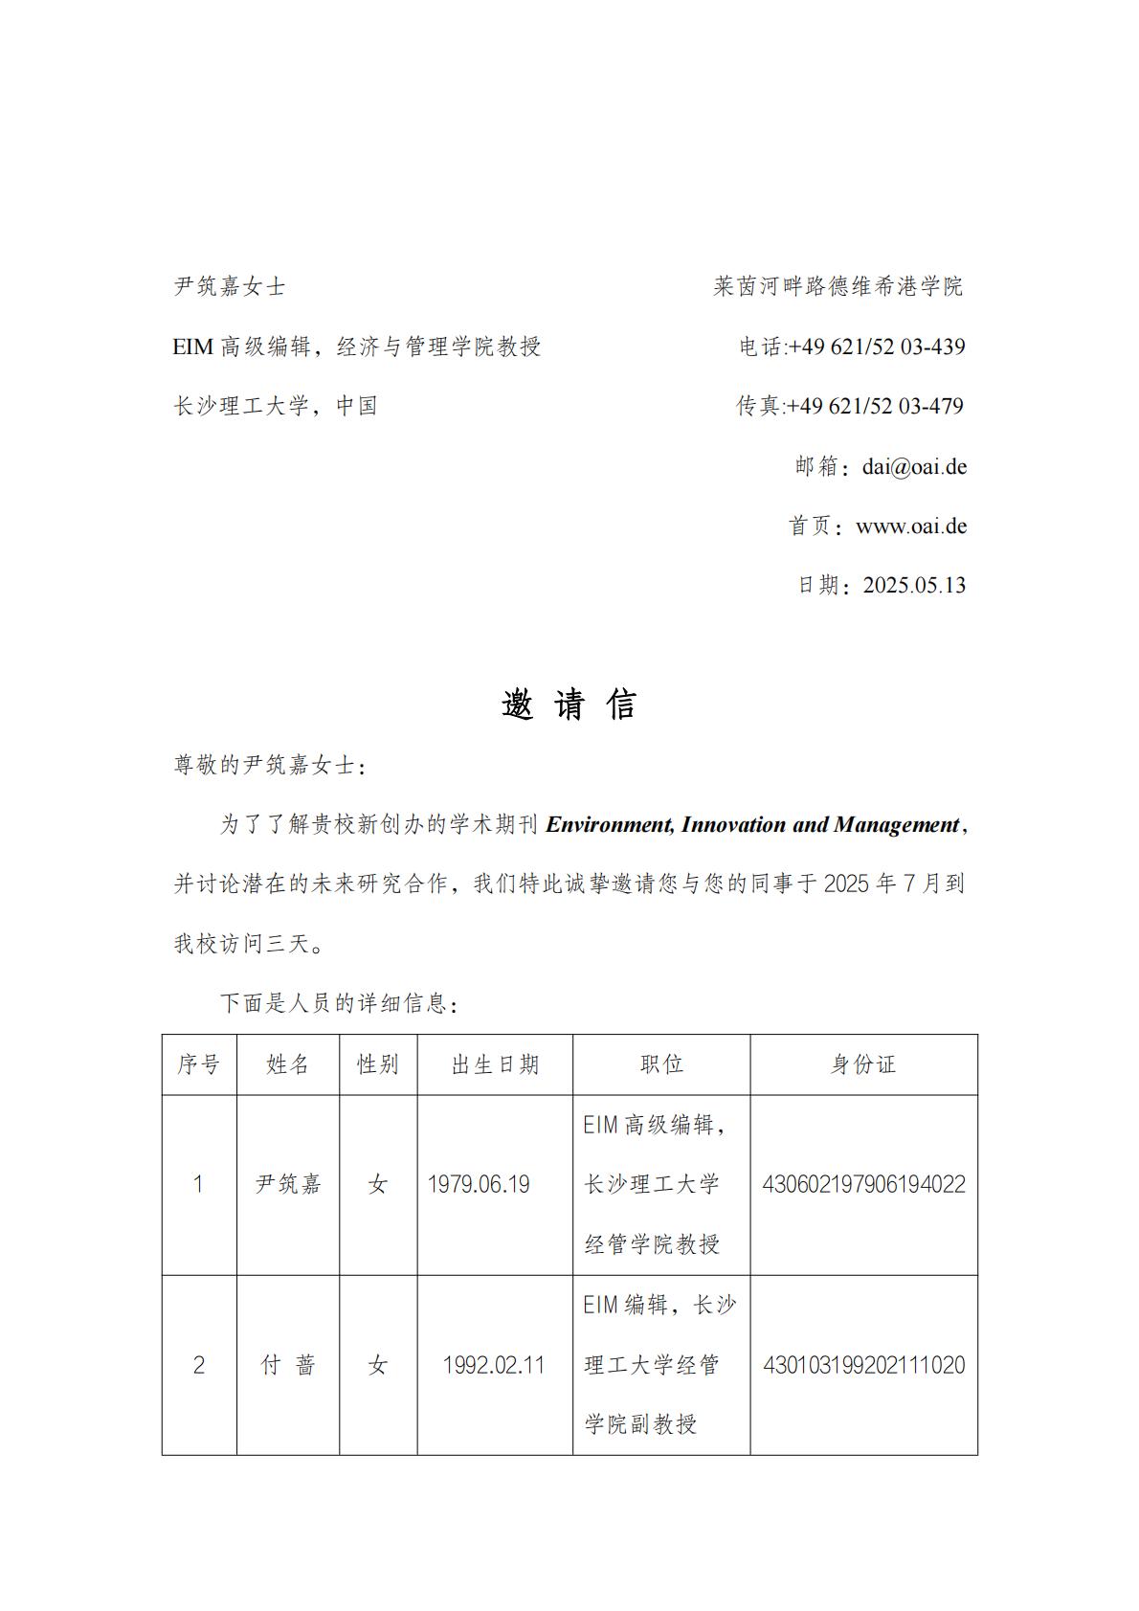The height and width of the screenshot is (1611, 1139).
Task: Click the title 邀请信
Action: tap(569, 705)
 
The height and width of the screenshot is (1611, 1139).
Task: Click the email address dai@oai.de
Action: tap(914, 466)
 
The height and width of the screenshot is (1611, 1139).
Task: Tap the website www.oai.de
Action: tap(910, 526)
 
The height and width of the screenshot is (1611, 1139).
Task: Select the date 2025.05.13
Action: tap(914, 585)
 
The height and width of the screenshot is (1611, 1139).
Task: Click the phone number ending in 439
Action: tap(876, 347)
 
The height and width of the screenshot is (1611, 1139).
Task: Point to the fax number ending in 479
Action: tap(874, 406)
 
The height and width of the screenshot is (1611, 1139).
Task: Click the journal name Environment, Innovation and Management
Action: tap(752, 824)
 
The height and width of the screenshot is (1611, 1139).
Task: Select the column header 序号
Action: tap(199, 1064)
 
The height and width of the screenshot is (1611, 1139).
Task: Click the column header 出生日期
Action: tap(495, 1064)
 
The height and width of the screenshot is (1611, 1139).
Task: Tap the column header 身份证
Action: tap(863, 1064)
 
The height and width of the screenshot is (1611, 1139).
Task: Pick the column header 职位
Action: tap(661, 1064)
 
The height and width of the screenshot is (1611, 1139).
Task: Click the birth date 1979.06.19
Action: tap(479, 1185)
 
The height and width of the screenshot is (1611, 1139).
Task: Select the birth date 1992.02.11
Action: tap(494, 1365)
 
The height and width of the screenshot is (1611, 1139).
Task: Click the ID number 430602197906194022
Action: tap(863, 1185)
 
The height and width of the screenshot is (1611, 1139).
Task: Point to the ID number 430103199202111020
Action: tap(863, 1365)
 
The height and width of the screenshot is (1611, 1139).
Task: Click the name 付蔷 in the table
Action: tap(288, 1365)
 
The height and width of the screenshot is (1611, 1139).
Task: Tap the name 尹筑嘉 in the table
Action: tap(288, 1185)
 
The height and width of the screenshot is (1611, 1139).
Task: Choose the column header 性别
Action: tap(378, 1064)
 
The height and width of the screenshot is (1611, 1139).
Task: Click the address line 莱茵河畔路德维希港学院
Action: tap(838, 286)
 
